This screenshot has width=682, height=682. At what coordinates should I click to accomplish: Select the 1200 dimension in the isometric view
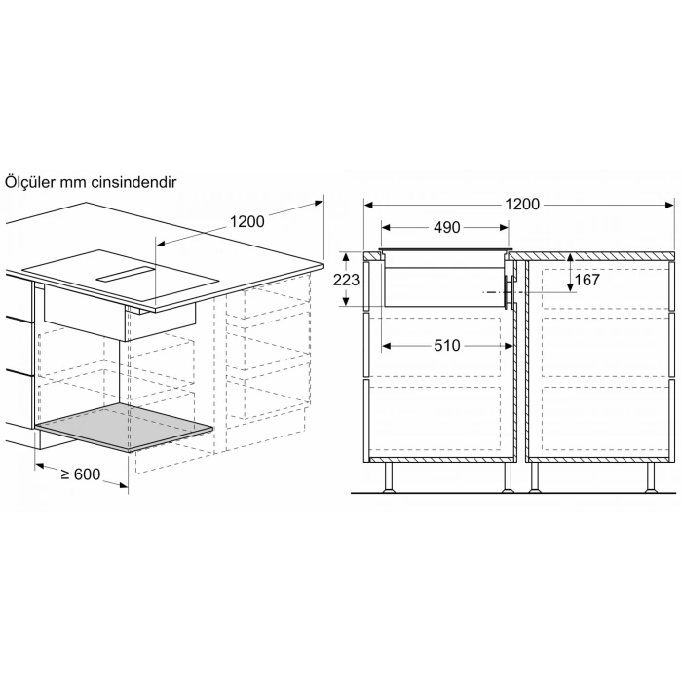[x=246, y=221]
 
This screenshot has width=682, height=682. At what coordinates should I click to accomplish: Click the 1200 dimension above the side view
[x=522, y=205]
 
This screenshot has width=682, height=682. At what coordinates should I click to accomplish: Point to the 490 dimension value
[x=446, y=227]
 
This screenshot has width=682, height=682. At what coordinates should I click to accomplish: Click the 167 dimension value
[x=587, y=280]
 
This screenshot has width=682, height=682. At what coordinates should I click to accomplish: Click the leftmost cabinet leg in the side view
[x=391, y=476]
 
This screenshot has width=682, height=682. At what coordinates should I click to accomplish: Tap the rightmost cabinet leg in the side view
[x=649, y=476]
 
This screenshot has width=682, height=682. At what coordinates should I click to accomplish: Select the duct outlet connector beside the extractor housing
[x=508, y=289]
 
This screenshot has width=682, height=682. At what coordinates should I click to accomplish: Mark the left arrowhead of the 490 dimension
[x=384, y=227]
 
